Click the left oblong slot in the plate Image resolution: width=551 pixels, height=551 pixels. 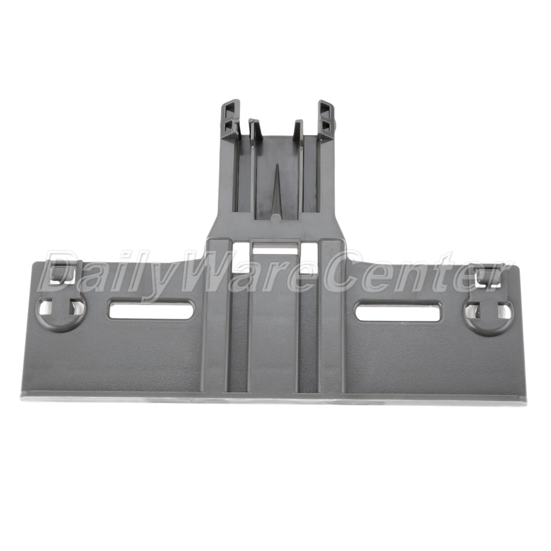tap(151, 310)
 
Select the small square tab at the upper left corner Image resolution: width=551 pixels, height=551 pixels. tap(67, 272)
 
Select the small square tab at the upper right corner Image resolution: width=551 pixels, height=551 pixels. tap(488, 276)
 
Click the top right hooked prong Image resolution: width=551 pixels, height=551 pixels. tap(327, 120)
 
